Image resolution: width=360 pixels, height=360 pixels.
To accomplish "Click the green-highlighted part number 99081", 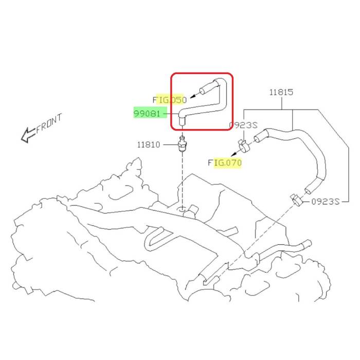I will (147, 114).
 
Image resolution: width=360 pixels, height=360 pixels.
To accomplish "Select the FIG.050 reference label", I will (169, 99).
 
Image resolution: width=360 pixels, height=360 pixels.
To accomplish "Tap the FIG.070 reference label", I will (225, 163).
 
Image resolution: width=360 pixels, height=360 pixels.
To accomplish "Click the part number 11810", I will (149, 145).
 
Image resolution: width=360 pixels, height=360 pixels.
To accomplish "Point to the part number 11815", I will (281, 93).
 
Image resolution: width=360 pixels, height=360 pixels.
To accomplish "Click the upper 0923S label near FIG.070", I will (243, 125).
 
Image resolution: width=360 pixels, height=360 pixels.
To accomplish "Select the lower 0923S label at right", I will (325, 202).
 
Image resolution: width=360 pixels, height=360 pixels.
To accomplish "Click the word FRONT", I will (49, 124).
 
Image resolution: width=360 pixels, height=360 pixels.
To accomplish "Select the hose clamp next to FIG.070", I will (244, 146).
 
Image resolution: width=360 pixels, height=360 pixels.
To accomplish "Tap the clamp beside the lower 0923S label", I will (296, 199).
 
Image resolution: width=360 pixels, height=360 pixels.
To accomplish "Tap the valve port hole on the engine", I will (182, 209).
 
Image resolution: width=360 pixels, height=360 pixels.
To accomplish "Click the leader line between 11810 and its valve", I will (169, 145).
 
